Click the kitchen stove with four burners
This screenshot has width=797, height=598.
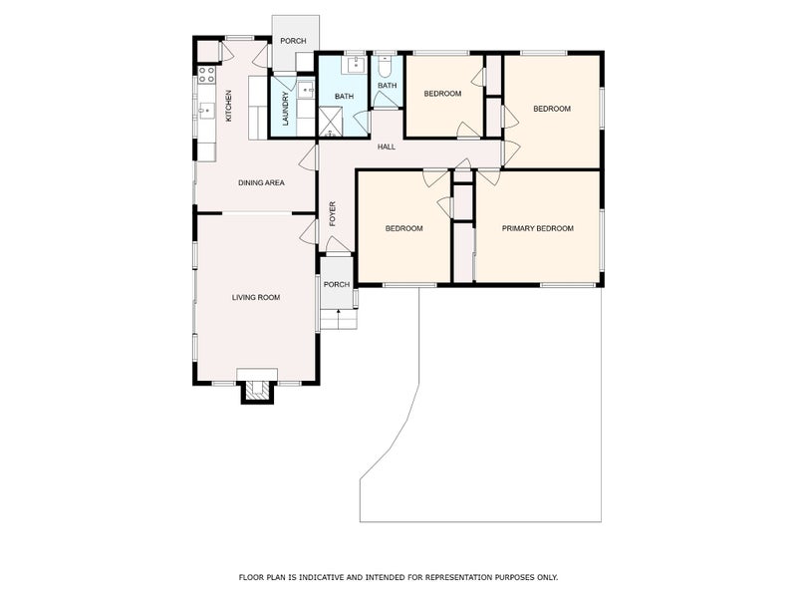coord(206,75)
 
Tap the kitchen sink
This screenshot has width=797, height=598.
coord(206,110)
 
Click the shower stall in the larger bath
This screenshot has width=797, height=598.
coord(330,123)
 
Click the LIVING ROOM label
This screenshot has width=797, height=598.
coord(256,297)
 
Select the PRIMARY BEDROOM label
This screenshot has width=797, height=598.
coord(537,228)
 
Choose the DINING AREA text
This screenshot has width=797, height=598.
coord(262,182)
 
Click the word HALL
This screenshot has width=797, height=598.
coord(387,147)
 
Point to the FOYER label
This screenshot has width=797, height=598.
coord(334,213)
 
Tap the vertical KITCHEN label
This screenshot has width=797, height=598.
coord(229,107)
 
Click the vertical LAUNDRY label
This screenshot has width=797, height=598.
coord(285,109)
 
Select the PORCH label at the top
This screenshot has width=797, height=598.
coord(293,41)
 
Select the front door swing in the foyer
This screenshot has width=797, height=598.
coord(338,246)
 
